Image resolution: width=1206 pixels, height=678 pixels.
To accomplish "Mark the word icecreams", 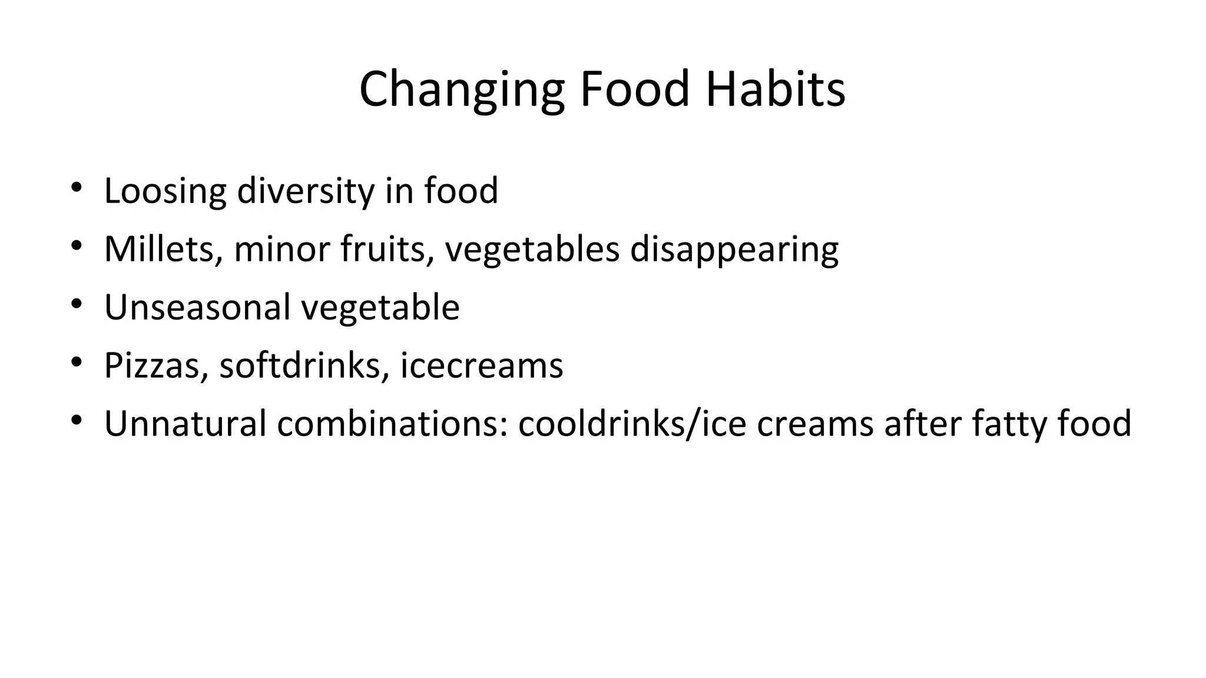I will (x=481, y=365).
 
